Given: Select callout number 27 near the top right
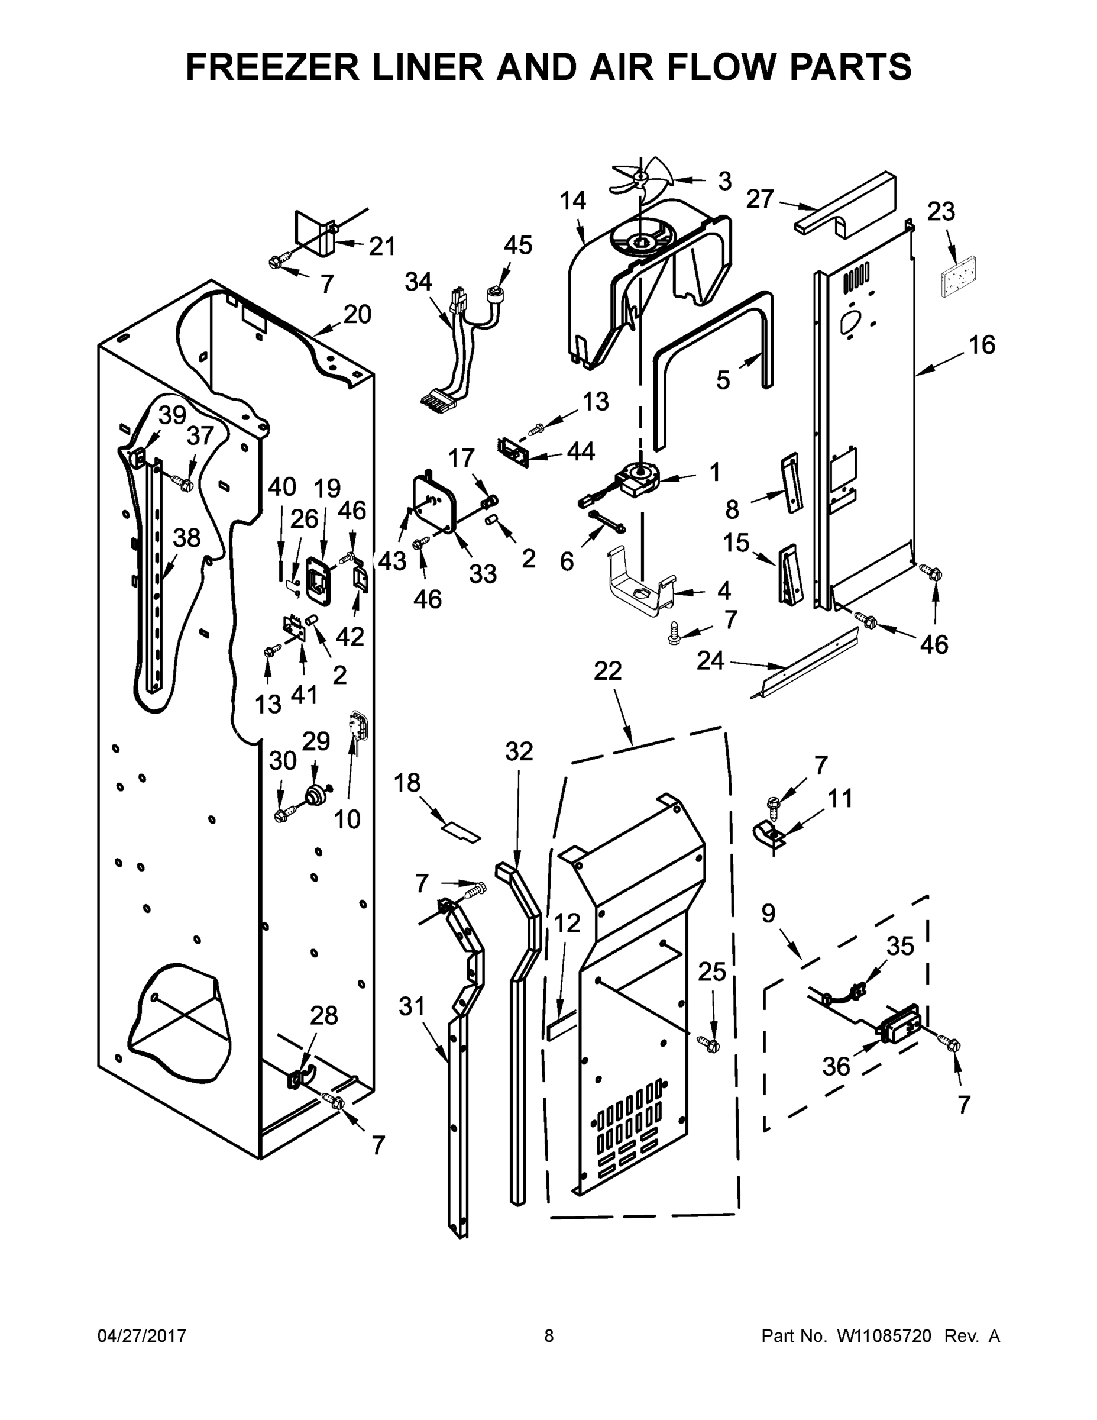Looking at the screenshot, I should (x=760, y=199).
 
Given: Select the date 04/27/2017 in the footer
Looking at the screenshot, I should (x=142, y=1335).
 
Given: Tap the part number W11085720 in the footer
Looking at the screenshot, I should (x=884, y=1335).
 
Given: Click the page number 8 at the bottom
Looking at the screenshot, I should (x=549, y=1335).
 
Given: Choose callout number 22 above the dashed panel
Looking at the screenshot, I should (x=608, y=671).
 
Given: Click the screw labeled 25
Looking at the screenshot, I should (x=709, y=1044).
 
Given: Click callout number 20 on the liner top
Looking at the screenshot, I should (x=357, y=315).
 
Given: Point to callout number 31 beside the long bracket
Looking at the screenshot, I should (x=412, y=1006).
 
